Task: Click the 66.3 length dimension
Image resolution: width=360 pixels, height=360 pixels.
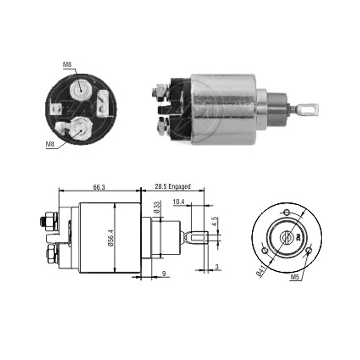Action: tap(99, 187)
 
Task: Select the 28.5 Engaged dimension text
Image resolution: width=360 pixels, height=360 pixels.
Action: tap(173, 186)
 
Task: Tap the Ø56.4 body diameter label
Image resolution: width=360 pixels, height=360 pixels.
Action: tap(111, 238)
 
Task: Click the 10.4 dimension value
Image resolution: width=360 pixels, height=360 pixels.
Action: tap(179, 202)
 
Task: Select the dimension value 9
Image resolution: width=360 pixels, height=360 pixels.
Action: tap(164, 274)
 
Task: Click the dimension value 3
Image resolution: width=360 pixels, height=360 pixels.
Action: tap(217, 266)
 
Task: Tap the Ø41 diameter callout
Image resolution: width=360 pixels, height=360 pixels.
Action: tap(261, 271)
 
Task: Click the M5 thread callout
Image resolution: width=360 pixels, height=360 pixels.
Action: tap(295, 277)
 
